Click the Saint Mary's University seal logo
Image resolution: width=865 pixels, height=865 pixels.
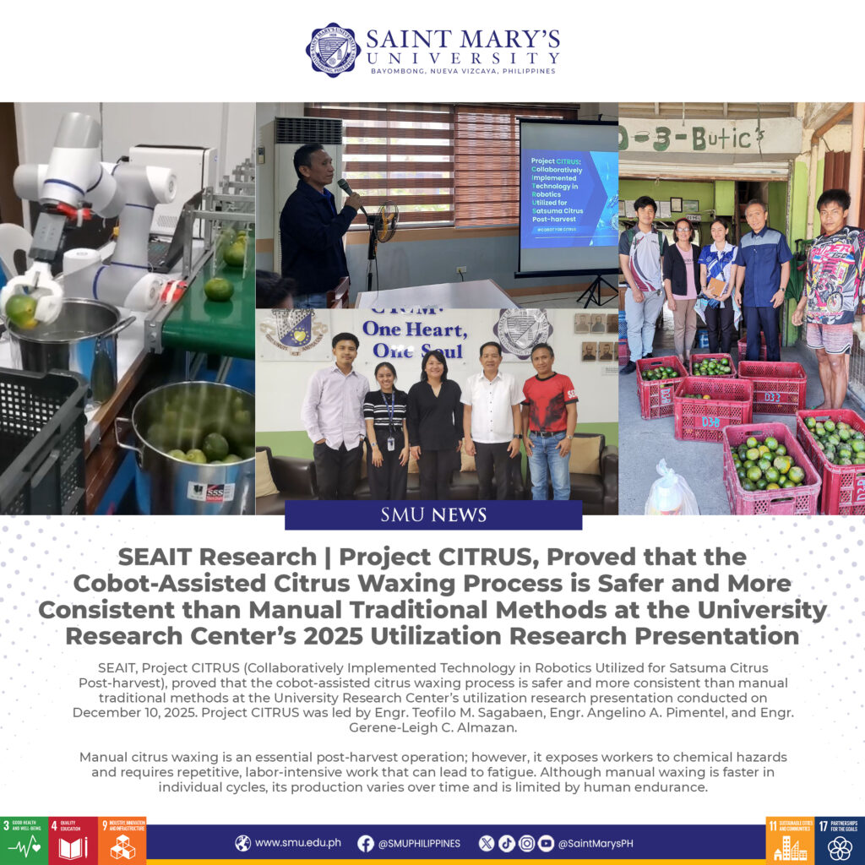[x=333, y=50]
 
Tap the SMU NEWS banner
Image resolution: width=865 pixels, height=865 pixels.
[x=433, y=514]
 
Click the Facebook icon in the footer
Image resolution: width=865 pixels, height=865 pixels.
[x=366, y=843]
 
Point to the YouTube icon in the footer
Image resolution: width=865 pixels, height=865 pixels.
[x=546, y=843]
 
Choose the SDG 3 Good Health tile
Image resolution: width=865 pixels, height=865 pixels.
[x=24, y=840]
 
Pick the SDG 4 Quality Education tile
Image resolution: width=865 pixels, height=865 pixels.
[x=73, y=840]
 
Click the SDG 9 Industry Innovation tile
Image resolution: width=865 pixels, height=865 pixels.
[x=122, y=840]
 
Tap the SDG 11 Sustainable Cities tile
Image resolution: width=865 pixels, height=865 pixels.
[x=790, y=840]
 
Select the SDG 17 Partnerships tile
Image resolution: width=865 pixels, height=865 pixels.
[x=840, y=840]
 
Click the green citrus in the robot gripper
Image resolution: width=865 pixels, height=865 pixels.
[x=21, y=308]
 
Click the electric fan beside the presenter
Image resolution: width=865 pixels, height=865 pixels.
[x=386, y=223]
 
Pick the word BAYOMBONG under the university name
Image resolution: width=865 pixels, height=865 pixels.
[x=400, y=72]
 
